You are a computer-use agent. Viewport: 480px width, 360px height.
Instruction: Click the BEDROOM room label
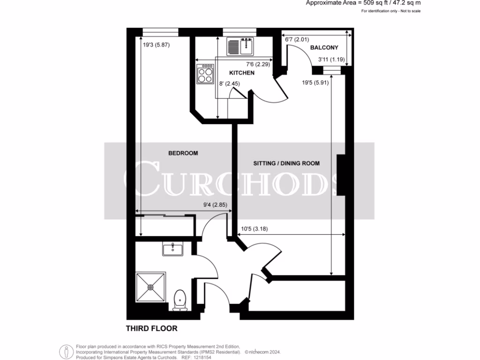coord(183,153)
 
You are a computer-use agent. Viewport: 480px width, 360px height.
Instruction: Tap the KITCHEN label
coord(241,73)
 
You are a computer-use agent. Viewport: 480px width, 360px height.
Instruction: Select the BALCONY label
coord(324,48)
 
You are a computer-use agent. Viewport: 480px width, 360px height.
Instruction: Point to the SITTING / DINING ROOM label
coord(286,164)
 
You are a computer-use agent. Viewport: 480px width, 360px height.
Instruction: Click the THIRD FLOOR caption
coord(151,329)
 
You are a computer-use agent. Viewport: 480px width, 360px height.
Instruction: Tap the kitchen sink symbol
coord(240,46)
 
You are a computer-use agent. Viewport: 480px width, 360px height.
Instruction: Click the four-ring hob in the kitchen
coord(205,75)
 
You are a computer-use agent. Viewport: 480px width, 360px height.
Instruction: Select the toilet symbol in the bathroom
coord(180,300)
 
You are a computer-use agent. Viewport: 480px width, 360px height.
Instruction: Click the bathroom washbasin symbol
coord(173,248)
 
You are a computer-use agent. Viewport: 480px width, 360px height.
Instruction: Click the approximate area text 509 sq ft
coord(363,3)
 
